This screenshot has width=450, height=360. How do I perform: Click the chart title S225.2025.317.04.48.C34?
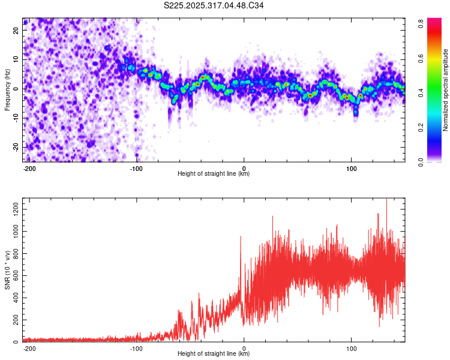214,5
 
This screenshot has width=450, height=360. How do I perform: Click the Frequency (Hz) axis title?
7,90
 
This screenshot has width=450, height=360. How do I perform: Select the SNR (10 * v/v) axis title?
7,270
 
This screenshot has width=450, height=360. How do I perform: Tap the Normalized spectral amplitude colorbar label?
445,90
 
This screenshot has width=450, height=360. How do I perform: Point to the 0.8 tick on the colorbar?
421,23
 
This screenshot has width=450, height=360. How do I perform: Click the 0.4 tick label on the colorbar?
421,93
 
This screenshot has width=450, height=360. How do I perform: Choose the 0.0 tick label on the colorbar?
421,162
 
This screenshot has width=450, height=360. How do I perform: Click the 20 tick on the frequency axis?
16,30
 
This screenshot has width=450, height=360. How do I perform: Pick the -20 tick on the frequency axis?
16,148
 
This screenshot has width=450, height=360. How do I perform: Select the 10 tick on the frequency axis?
16,59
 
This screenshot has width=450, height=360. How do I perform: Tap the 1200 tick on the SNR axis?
16,209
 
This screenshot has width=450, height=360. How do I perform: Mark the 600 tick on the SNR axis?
16,275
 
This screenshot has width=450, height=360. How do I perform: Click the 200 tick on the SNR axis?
16,320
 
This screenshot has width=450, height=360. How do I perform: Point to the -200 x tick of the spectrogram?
29,169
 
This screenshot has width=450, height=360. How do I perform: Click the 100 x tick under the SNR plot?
351,349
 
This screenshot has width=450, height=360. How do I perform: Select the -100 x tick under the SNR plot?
136,349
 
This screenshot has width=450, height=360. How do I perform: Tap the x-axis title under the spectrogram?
214,173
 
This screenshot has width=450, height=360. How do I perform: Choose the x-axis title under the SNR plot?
214,353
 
